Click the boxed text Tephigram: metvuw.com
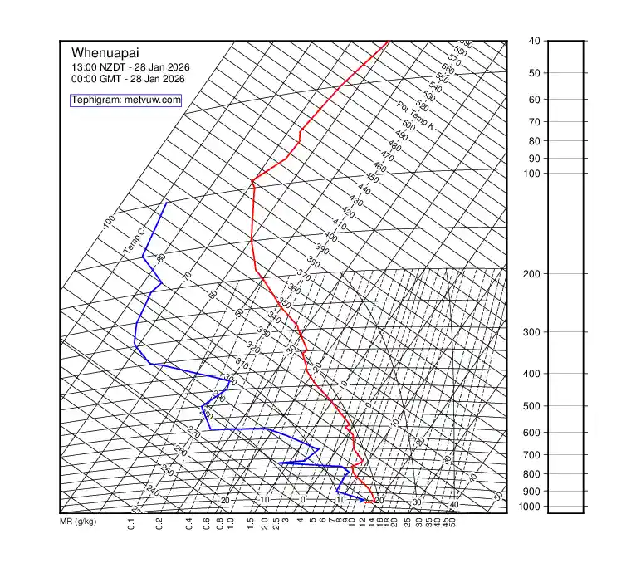pos(126,100)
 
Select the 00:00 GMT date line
pos(128,79)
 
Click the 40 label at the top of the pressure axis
pos(534,41)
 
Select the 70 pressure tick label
pos(534,122)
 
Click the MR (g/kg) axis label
pos(78,522)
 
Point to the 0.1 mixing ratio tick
pos(131,524)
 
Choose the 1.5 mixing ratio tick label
pos(251,524)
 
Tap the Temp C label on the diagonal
pos(135,241)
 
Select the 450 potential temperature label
pos(372,179)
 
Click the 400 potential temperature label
pos(330,237)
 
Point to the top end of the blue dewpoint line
pos(166,203)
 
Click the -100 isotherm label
pos(108,223)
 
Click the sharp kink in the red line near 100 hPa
pos(252,179)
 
